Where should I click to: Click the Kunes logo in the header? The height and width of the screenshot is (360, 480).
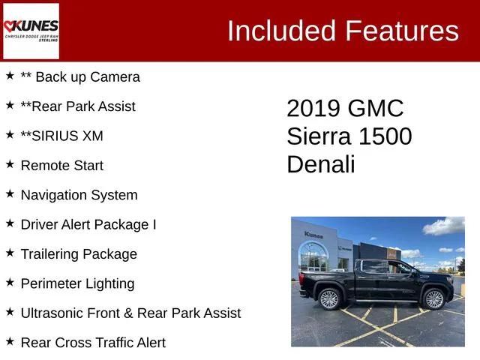click(31, 31)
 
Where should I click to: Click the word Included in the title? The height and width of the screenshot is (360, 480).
click(281, 31)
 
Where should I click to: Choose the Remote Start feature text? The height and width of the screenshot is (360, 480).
click(62, 165)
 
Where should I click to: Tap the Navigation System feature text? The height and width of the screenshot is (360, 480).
click(79, 195)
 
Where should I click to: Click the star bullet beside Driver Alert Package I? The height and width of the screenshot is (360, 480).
click(10, 223)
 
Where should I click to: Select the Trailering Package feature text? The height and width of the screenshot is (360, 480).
click(79, 253)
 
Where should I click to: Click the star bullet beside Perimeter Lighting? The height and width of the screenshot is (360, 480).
click(10, 282)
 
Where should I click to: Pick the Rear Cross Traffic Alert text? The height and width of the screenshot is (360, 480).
click(93, 343)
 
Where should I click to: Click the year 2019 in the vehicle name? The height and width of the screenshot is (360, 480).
click(313, 109)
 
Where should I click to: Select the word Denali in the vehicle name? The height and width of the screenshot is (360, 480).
click(320, 165)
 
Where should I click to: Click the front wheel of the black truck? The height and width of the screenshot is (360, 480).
click(434, 299)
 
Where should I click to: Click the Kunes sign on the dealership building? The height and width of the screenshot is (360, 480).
click(314, 235)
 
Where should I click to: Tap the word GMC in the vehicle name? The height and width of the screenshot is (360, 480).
click(376, 109)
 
